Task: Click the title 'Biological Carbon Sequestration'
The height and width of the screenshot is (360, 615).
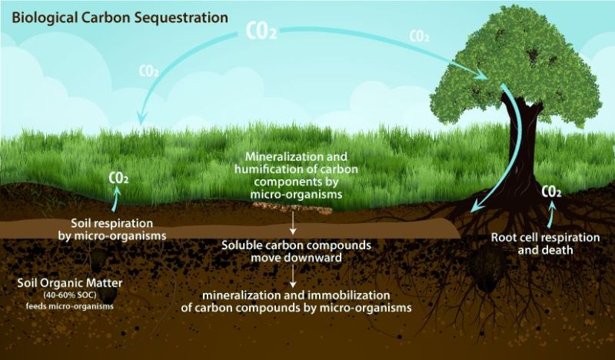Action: click(120, 18)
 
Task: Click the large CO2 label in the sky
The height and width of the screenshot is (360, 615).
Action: click(261, 31)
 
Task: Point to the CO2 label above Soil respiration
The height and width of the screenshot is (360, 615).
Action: click(118, 178)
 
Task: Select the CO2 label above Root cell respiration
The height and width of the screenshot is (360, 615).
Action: click(551, 192)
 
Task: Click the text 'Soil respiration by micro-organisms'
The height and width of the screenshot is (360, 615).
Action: click(112, 229)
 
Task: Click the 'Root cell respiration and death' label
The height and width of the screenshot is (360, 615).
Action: click(545, 243)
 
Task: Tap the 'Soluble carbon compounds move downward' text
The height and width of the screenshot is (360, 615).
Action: click(296, 252)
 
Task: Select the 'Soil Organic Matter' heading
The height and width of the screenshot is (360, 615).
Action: click(70, 282)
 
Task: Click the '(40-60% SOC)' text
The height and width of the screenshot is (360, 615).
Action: click(70, 295)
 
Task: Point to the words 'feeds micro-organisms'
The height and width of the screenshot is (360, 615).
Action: click(70, 306)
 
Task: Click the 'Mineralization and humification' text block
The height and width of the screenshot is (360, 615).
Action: click(296, 175)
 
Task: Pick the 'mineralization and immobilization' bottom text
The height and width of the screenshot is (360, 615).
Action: click(296, 301)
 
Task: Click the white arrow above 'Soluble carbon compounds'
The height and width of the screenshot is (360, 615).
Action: click(293, 223)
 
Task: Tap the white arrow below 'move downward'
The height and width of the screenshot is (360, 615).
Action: click(293, 276)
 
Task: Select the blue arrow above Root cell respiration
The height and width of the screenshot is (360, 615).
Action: click(550, 215)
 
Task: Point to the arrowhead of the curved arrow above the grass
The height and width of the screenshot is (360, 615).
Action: click(141, 117)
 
